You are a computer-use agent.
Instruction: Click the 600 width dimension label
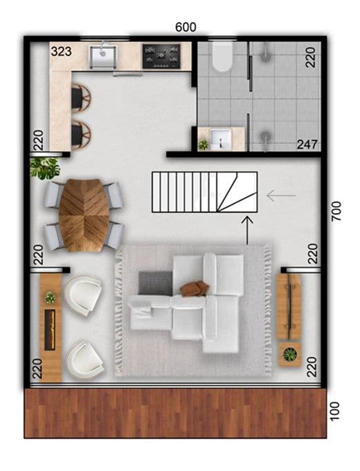click(186, 27)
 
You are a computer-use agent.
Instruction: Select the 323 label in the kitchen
click(62, 51)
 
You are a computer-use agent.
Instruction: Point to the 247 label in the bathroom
click(307, 145)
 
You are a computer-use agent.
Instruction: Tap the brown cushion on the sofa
click(195, 287)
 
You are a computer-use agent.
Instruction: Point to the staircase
click(204, 192)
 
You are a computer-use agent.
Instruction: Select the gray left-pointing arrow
click(281, 196)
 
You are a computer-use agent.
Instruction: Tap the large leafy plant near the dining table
click(46, 167)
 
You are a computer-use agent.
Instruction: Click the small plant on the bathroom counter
click(204, 144)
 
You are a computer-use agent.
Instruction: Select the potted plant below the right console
click(290, 355)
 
